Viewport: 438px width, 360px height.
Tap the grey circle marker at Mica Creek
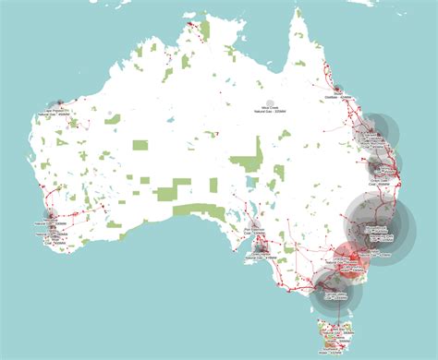pos(270,107)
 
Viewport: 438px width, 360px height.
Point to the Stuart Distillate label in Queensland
pos(340,95)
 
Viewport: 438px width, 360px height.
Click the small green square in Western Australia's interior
pos(140,145)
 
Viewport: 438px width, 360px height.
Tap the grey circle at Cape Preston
pos(57,105)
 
